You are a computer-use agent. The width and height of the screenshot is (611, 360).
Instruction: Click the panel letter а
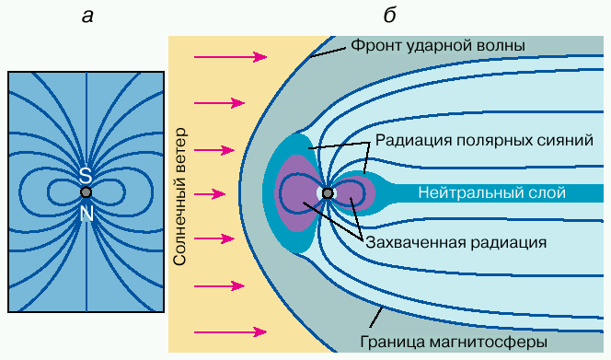87,17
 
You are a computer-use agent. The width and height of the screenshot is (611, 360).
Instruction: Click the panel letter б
389,16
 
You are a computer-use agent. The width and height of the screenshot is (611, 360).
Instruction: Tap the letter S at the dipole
86,176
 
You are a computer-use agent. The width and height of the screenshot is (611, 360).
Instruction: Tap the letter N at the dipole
86,214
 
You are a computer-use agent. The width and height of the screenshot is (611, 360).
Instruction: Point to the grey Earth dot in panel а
86,192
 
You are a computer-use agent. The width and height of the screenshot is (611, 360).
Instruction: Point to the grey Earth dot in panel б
328,193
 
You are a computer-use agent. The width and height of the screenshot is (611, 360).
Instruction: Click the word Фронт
376,46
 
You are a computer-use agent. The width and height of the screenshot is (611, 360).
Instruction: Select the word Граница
392,343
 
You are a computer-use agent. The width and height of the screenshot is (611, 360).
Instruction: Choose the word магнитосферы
489,343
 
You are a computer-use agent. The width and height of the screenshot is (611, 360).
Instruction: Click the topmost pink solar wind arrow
231,57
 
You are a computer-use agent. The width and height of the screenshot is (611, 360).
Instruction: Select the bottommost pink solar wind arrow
231,332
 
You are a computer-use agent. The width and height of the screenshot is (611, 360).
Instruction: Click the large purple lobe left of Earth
297,193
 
